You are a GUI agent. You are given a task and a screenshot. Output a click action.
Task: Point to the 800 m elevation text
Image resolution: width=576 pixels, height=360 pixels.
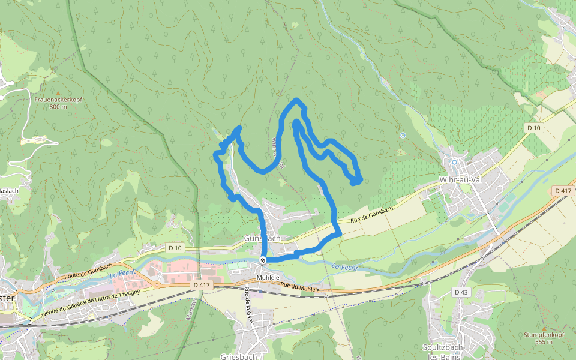click(x=58, y=107)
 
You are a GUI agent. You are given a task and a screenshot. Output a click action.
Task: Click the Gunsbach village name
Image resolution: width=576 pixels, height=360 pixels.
click(x=262, y=238)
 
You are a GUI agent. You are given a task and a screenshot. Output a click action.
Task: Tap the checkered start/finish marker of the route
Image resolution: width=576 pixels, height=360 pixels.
click(x=263, y=260)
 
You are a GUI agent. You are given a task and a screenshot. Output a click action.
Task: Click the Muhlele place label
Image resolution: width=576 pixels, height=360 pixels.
click(x=269, y=278)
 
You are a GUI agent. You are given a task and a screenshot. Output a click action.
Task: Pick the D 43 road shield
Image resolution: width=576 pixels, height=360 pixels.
click(x=461, y=292)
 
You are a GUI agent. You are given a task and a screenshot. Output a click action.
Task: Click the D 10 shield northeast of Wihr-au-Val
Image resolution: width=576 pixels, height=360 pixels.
click(x=533, y=128)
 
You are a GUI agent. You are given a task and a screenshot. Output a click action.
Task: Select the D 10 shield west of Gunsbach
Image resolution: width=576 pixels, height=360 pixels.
click(x=175, y=248)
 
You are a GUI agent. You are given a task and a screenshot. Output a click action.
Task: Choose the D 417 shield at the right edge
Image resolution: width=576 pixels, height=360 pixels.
click(x=562, y=191)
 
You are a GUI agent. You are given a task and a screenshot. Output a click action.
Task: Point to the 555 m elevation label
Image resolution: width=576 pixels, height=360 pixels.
click(x=543, y=342)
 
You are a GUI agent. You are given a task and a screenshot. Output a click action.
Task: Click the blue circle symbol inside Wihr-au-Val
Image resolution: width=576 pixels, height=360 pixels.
click(x=455, y=162)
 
